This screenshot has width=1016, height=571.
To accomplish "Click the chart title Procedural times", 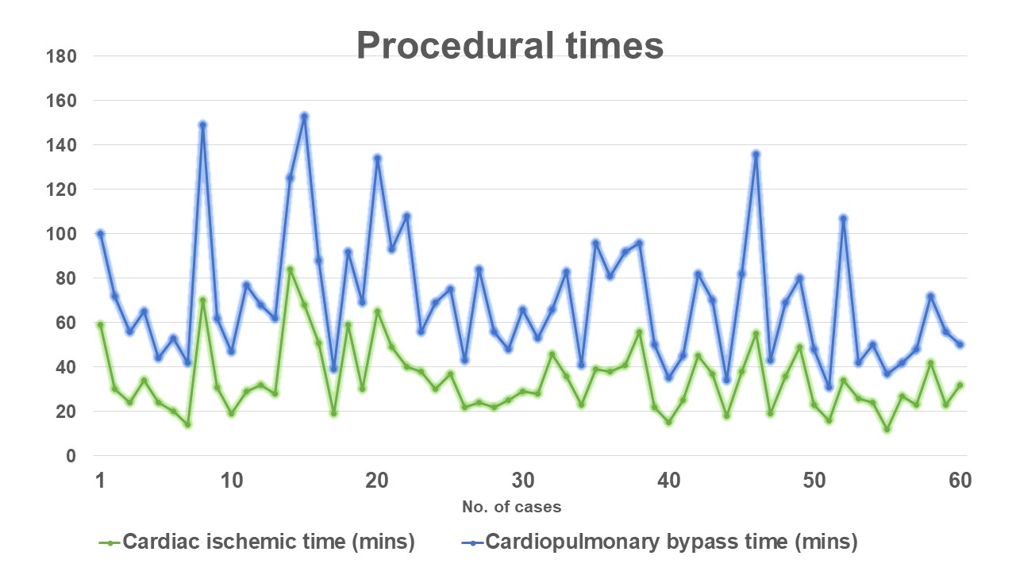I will coord(510,45).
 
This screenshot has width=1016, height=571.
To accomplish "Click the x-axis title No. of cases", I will coord(512,507).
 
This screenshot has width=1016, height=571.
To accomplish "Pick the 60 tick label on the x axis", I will coord(960,481).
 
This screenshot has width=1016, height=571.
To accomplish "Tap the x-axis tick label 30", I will coord(522,481).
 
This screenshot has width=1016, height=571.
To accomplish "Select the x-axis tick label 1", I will coord(100,481).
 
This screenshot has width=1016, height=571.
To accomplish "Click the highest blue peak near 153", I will coord(304,116).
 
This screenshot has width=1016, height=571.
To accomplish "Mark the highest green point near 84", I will coord(290,269).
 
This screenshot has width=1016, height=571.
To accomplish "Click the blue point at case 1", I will coord(100,233).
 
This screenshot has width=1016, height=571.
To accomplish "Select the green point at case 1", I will coord(100,324).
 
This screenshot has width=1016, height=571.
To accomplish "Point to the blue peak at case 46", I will coord(756,154).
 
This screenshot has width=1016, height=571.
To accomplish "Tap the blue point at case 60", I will coord(960,344).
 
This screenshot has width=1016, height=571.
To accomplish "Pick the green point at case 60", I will coord(960,385).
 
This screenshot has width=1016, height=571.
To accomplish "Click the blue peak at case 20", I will coord(377,158).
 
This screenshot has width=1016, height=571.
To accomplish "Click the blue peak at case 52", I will coord(843,218).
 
